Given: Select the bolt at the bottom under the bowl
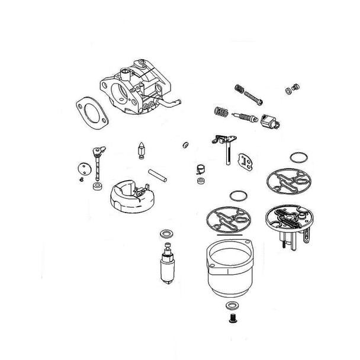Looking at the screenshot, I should point(232,319).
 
